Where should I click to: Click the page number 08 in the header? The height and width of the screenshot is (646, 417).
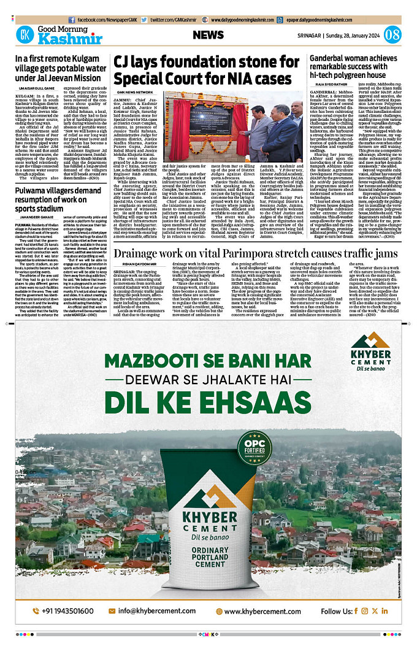point(392,35)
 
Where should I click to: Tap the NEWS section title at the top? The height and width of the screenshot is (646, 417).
point(208,36)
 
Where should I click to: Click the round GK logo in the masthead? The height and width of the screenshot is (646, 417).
point(25,36)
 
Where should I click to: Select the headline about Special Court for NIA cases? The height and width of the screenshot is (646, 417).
point(202,71)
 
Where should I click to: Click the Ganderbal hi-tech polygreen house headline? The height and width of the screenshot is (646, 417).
point(354,66)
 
